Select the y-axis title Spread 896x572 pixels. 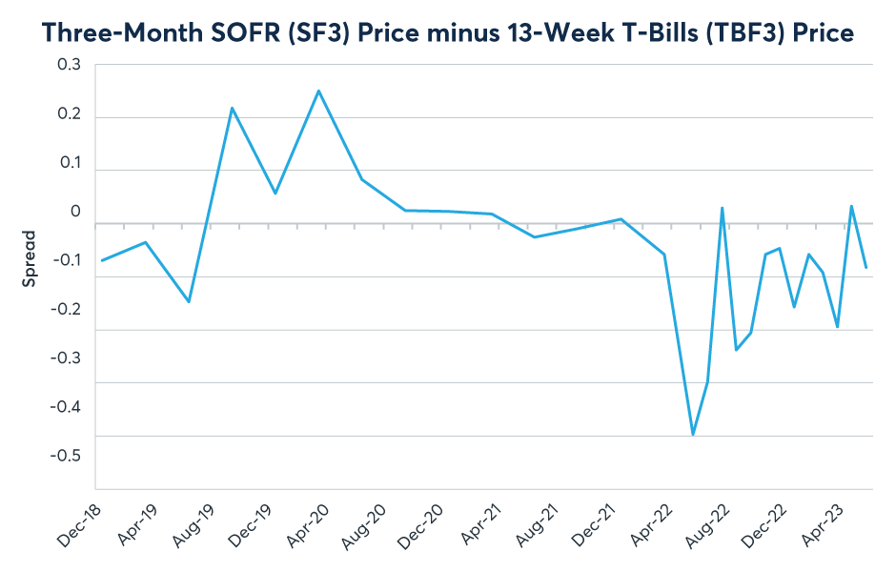point(30,258)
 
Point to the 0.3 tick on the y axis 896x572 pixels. point(70,65)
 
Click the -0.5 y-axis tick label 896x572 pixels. point(66,455)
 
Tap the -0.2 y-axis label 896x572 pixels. point(66,309)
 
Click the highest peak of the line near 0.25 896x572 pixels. point(318,91)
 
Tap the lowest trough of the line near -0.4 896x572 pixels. point(693,435)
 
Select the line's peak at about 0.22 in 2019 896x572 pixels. point(232,108)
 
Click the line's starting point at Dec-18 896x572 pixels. point(102,260)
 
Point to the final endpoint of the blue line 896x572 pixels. point(865,268)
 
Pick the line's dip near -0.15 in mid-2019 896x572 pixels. point(189,301)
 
